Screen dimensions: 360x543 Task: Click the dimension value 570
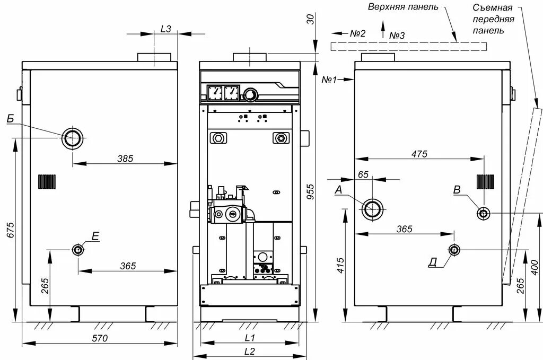pyautogui.click(x=100, y=338)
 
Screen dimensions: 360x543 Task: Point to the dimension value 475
pyautogui.click(x=418, y=154)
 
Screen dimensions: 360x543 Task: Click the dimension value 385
pyautogui.click(x=125, y=158)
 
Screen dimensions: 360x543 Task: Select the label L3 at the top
pyautogui.click(x=165, y=29)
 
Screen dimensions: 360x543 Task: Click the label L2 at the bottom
pyautogui.click(x=250, y=350)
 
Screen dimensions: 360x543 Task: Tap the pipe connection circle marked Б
pyautogui.click(x=73, y=139)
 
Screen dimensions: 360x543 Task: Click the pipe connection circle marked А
pyautogui.click(x=372, y=209)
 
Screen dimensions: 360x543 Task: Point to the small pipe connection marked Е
pyautogui.click(x=78, y=250)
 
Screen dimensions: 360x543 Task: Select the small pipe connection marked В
pyautogui.click(x=484, y=213)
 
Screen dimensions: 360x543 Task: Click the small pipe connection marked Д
pyautogui.click(x=454, y=250)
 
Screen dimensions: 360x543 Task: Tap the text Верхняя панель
pyautogui.click(x=404, y=7)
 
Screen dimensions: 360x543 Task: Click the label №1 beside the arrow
pyautogui.click(x=330, y=79)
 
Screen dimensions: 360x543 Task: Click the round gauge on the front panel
pyautogui.click(x=250, y=95)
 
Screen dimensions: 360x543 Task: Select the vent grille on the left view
pyautogui.click(x=47, y=181)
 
